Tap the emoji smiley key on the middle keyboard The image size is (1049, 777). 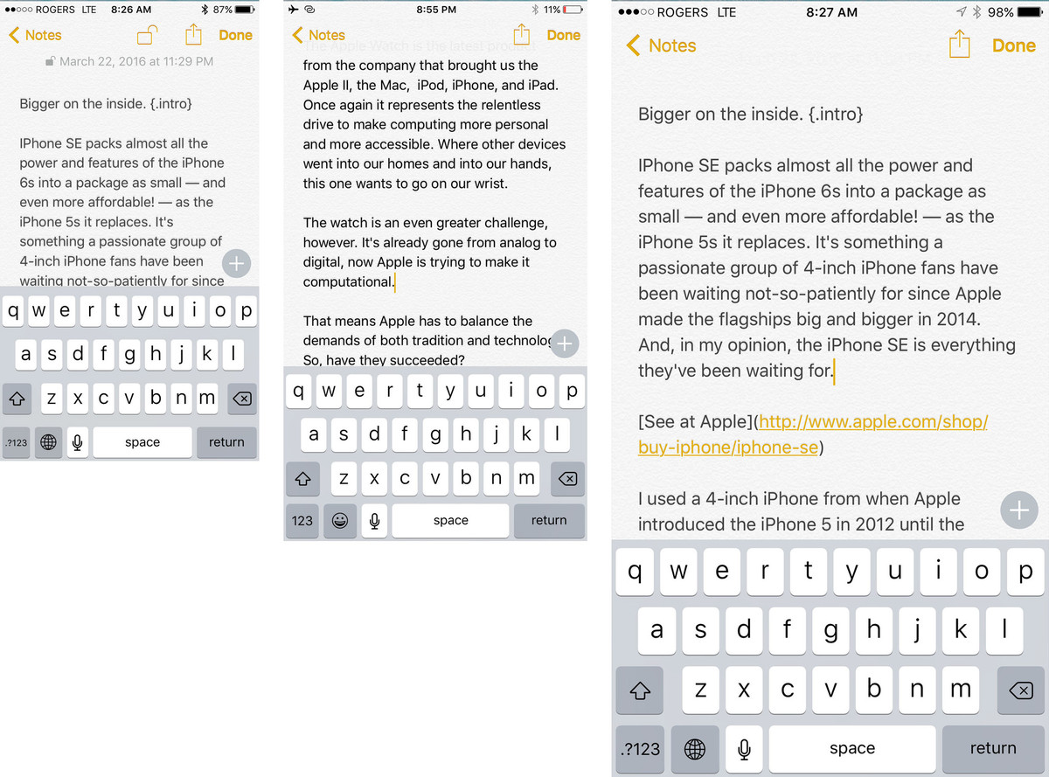click(339, 521)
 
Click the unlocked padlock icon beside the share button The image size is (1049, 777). click(147, 35)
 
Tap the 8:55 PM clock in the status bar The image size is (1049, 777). click(436, 10)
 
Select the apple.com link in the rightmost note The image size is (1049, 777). click(812, 434)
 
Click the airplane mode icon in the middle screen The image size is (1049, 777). click(293, 9)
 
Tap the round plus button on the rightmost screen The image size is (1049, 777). click(1018, 510)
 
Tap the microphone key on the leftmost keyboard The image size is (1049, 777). click(78, 442)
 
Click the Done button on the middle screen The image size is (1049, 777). click(563, 35)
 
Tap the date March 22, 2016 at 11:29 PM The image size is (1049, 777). click(136, 61)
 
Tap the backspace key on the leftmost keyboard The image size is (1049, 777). click(242, 399)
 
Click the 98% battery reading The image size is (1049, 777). click(1000, 12)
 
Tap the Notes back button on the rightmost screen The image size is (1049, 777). click(661, 45)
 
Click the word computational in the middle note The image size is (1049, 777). click(348, 281)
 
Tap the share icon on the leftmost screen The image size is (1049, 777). click(193, 34)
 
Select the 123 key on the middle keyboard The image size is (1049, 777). click(302, 521)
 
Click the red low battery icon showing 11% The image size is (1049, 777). click(573, 10)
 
